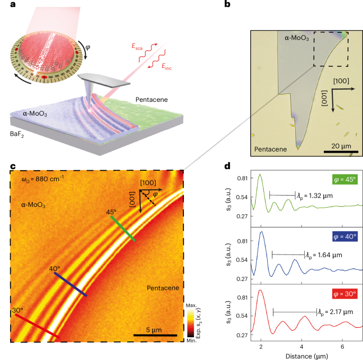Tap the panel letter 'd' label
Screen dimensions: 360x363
click(227, 166)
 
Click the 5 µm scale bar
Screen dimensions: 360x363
click(154, 335)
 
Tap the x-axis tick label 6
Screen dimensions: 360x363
click(342, 346)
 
